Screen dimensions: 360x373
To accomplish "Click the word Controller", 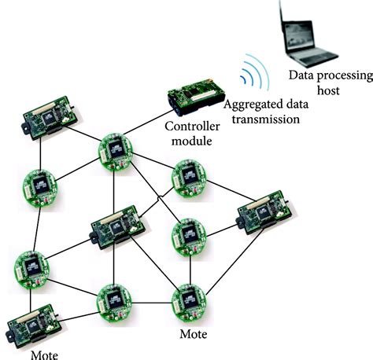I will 186,126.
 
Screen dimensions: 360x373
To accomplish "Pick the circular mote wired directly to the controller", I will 116,150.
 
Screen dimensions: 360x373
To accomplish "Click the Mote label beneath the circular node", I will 193,334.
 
